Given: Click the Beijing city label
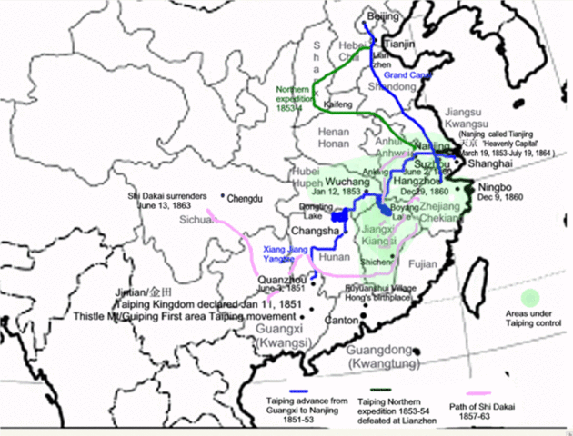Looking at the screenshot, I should [382, 17].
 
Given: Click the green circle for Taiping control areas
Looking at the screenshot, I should [530, 297].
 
